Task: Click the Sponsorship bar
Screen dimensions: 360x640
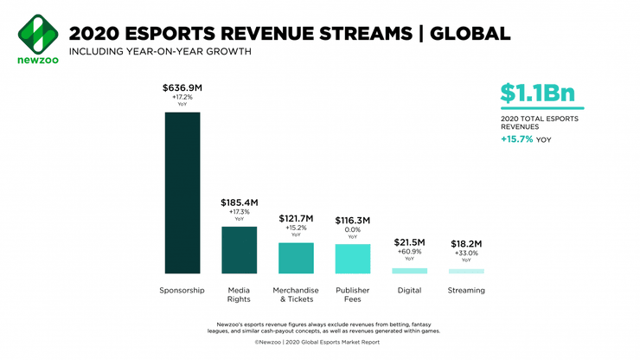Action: click(x=182, y=193)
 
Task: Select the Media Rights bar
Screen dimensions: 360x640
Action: click(x=239, y=250)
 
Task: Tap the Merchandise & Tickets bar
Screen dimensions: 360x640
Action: click(x=296, y=258)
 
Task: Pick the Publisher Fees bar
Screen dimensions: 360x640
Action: click(x=353, y=259)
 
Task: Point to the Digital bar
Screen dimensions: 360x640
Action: click(x=409, y=271)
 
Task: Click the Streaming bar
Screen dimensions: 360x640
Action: click(x=466, y=272)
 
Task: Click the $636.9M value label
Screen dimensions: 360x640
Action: click(x=182, y=87)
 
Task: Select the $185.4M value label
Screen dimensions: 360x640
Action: click(x=239, y=202)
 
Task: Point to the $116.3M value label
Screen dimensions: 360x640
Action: click(x=353, y=220)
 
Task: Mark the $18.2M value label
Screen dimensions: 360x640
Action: click(x=466, y=243)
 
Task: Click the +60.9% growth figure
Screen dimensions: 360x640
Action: click(x=409, y=252)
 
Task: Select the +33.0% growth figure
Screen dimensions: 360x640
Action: click(x=466, y=253)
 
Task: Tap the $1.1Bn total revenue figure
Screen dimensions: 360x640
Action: click(x=537, y=93)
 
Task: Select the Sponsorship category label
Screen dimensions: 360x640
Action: click(x=182, y=291)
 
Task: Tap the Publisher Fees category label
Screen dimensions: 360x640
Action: click(x=353, y=295)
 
